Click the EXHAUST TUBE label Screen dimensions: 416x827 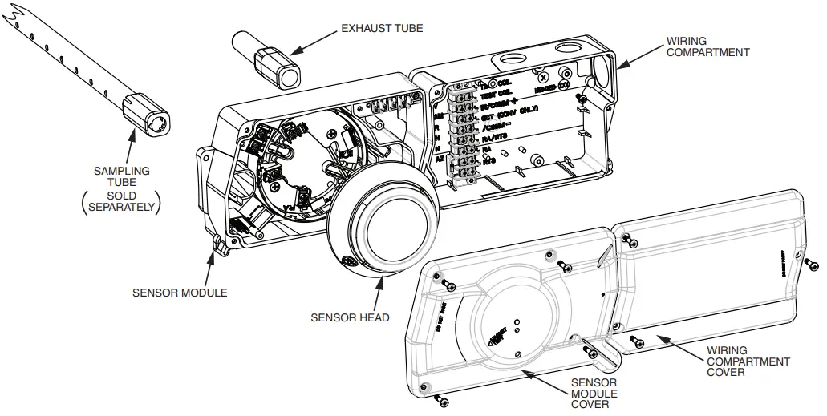[382, 28]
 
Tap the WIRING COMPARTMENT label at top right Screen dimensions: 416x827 [707, 46]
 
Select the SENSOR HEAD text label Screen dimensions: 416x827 [350, 317]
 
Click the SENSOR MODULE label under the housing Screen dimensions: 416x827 [180, 293]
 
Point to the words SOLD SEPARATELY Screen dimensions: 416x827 [121, 201]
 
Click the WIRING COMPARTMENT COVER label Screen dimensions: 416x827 [748, 361]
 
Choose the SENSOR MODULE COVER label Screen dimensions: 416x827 [594, 394]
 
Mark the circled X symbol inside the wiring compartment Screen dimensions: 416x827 [543, 78]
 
